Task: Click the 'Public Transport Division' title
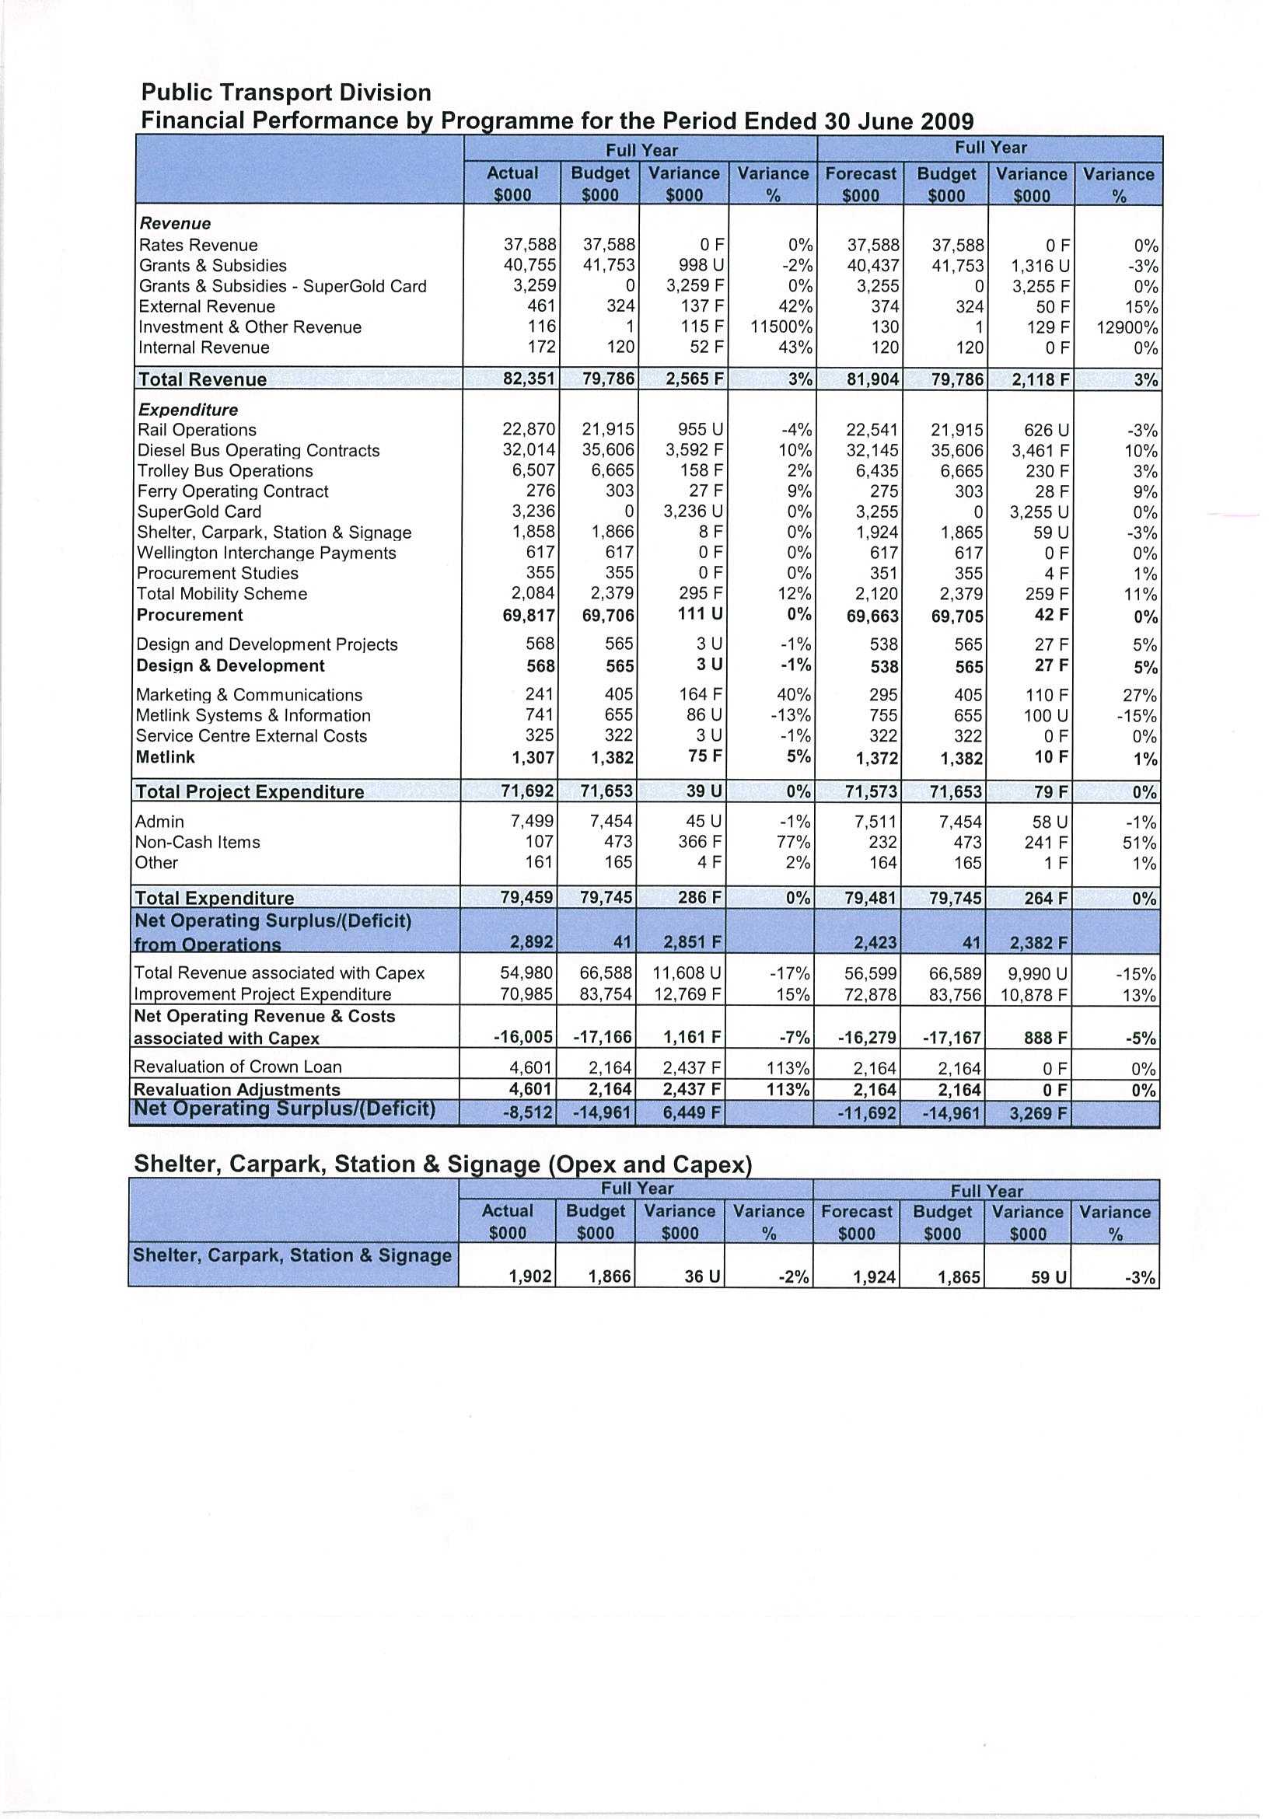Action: pos(286,93)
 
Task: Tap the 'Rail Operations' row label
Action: pos(197,430)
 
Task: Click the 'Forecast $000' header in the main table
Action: pos(861,183)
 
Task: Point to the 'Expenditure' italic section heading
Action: pos(188,410)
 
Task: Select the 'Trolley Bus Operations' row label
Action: pos(225,470)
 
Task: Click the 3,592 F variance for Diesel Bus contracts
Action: pos(694,451)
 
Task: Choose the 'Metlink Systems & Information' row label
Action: pos(253,715)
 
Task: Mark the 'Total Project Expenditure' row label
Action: pos(250,791)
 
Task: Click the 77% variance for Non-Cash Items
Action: pos(793,842)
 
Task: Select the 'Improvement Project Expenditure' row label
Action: pos(262,994)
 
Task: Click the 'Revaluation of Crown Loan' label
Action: pos(238,1067)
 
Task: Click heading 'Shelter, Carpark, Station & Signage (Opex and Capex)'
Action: pos(442,1164)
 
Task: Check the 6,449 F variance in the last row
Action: pos(693,1112)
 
